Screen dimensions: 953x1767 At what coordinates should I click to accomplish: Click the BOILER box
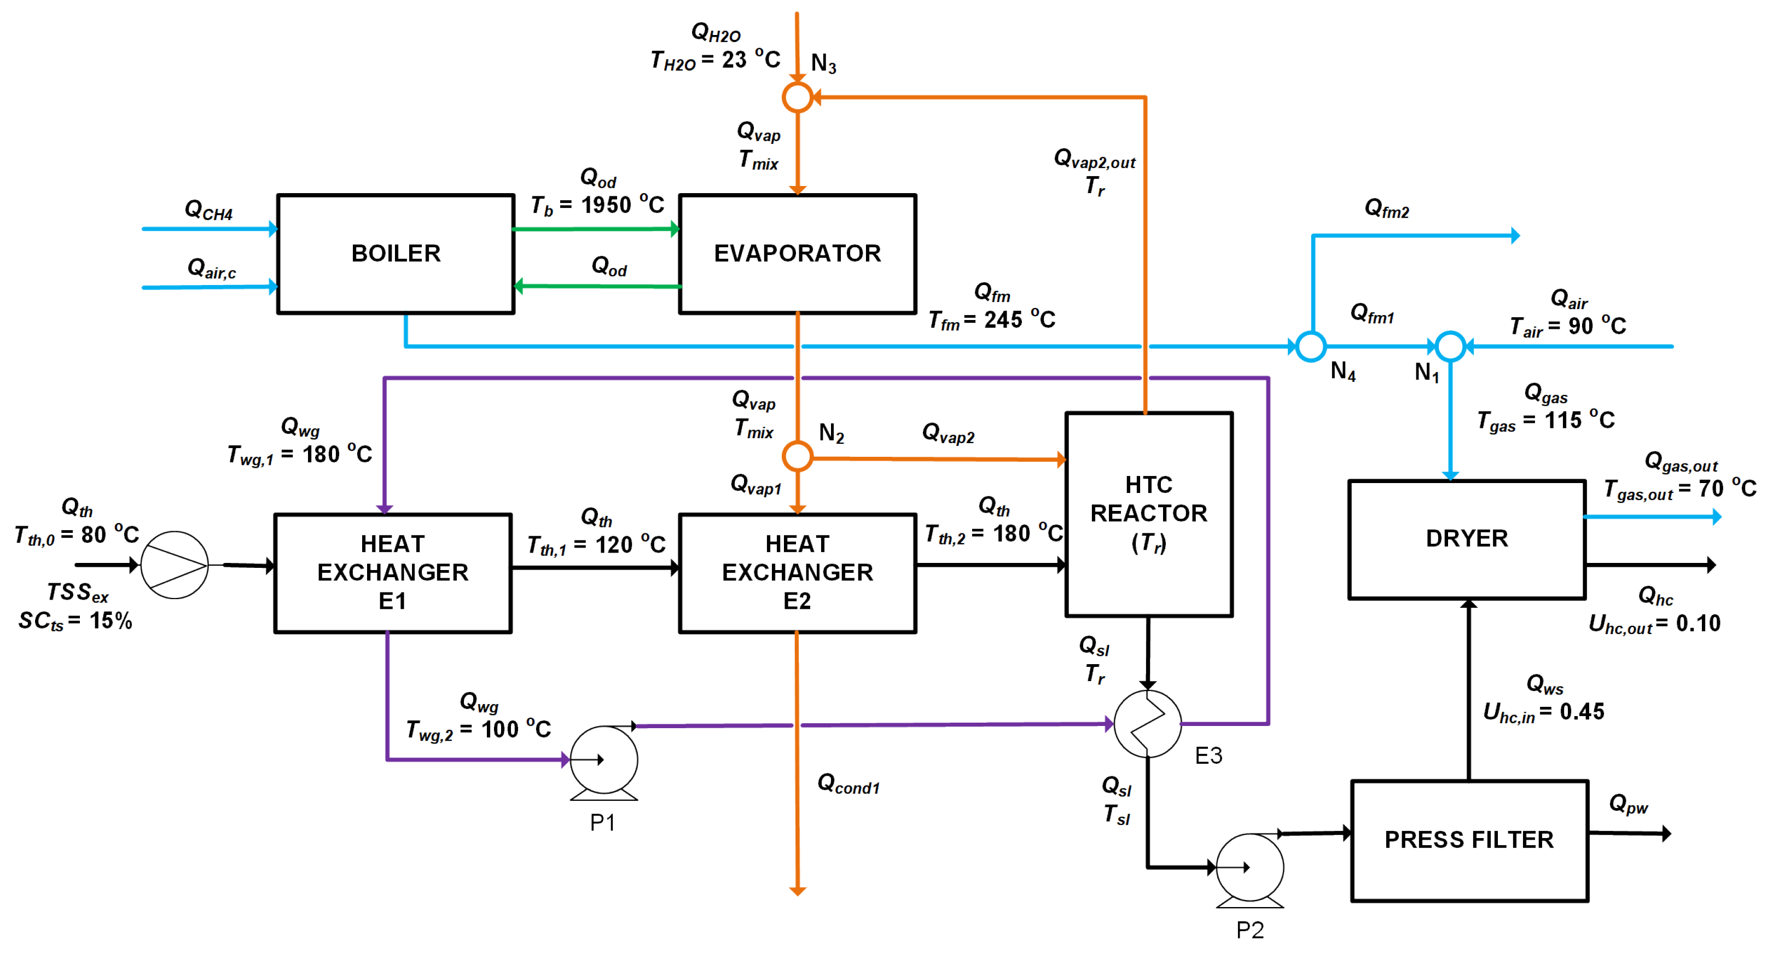click(396, 254)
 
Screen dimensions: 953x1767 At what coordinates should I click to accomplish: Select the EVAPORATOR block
click(797, 254)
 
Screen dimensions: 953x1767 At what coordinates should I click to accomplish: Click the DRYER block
click(1467, 538)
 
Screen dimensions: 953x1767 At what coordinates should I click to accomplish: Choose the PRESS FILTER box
click(1469, 840)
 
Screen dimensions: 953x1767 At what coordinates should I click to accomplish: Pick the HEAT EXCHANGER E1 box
click(392, 572)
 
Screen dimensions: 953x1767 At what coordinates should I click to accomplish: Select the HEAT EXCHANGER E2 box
click(797, 572)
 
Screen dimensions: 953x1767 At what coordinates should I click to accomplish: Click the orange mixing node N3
click(797, 97)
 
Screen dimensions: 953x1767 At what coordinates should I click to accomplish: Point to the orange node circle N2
click(797, 456)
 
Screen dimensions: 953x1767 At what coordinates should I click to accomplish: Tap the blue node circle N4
click(1311, 346)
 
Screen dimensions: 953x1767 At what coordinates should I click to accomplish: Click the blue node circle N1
click(1450, 346)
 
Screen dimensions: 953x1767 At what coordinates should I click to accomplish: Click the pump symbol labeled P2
click(1250, 867)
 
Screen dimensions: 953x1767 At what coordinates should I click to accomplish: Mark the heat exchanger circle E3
click(1148, 724)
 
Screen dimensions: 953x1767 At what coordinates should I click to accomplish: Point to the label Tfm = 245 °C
click(991, 319)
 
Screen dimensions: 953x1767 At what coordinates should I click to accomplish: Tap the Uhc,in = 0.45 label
click(1543, 712)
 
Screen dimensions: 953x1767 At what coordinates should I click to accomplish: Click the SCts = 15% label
click(75, 621)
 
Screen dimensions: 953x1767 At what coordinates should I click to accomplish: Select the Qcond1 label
click(848, 783)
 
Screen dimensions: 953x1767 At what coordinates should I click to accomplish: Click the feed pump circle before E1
click(174, 565)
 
